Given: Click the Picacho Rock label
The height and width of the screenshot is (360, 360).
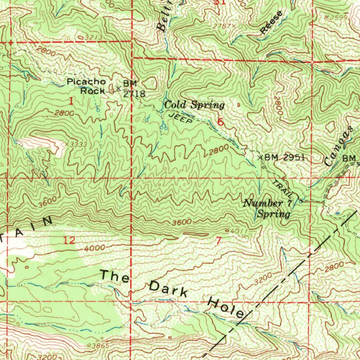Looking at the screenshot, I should click(x=86, y=86).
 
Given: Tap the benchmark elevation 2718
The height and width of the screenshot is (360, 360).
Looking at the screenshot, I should click(x=134, y=94).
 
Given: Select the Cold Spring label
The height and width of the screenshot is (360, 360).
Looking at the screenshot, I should click(x=194, y=105).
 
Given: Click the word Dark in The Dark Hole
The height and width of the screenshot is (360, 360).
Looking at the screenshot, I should click(x=169, y=290).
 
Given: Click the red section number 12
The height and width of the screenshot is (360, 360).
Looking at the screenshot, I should click(x=69, y=241).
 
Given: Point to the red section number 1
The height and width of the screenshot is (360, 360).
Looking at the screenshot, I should click(x=71, y=102).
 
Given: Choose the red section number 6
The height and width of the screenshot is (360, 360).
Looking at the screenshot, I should click(x=220, y=122).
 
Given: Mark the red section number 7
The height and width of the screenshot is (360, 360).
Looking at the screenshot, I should click(x=219, y=241).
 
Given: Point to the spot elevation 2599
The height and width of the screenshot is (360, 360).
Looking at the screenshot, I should click(x=339, y=17).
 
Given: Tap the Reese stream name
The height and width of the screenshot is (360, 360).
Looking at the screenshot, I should click(x=271, y=23).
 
